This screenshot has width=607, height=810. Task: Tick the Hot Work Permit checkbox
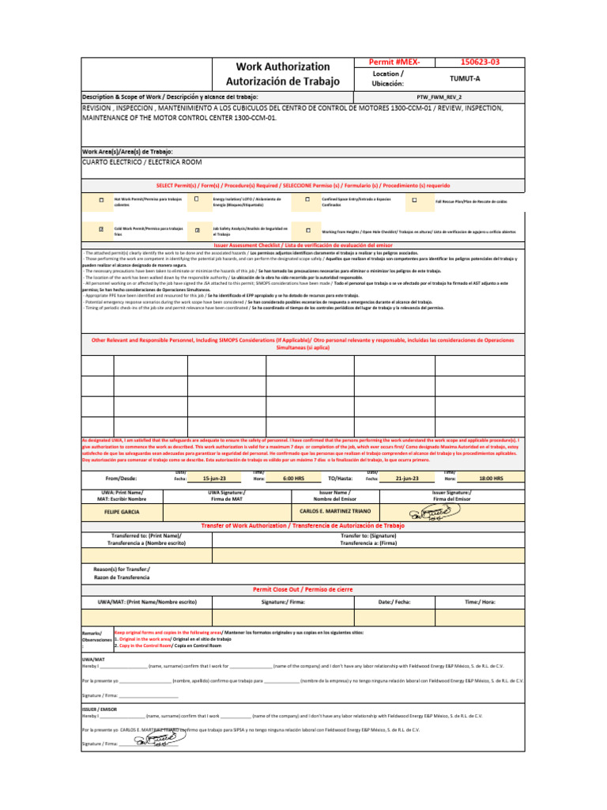tap(101, 201)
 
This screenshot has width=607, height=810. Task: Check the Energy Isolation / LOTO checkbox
tap(197, 200)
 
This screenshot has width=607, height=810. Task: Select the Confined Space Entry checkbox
tap(307, 201)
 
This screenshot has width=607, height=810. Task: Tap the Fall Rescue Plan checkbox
tap(414, 201)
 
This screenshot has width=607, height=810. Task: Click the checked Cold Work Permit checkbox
tap(101, 229)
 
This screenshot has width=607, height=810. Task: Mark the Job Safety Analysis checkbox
tap(197, 230)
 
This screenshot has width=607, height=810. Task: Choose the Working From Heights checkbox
tap(307, 230)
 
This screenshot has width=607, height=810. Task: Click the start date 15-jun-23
tap(214, 479)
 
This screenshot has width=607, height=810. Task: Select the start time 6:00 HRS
tap(293, 479)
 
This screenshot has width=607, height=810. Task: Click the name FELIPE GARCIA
tap(122, 513)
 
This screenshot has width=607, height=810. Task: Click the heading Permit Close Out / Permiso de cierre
tap(302, 589)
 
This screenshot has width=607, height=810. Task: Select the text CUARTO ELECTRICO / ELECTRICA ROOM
tap(142, 161)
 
